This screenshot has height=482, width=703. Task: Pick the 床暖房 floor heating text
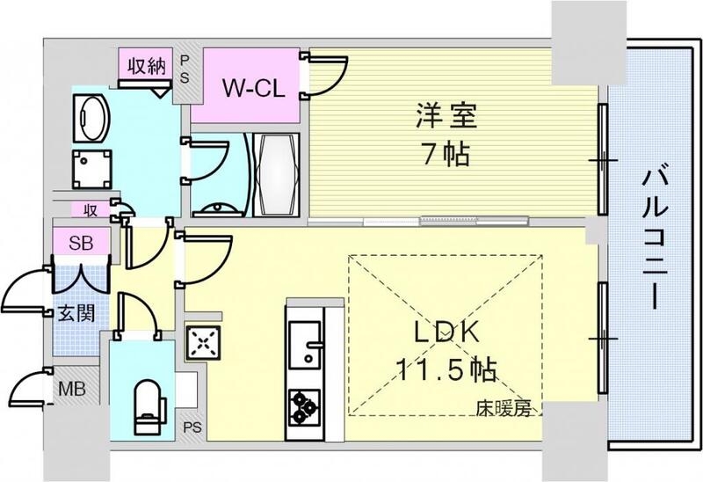pos(504,407)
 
